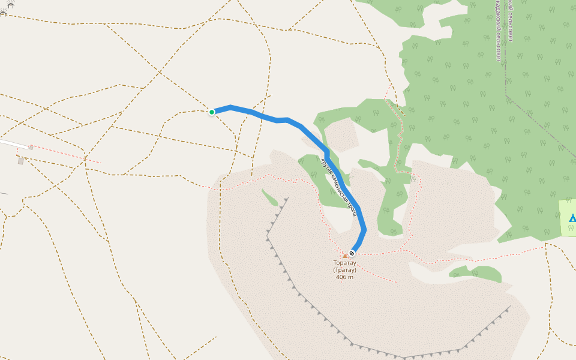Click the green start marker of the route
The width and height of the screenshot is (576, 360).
click(212, 112)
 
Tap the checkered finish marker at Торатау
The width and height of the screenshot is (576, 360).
click(352, 253)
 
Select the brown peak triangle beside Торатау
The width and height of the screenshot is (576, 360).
click(345, 256)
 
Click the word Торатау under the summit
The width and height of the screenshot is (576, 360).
click(345, 263)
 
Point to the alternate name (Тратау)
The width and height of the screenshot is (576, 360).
click(345, 270)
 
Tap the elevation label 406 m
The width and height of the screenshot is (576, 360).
click(345, 277)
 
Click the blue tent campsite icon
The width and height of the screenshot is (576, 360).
click(572, 218)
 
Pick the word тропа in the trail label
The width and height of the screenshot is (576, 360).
click(353, 209)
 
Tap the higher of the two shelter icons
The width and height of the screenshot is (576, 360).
click(10, 5)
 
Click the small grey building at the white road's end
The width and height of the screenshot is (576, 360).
click(31, 147)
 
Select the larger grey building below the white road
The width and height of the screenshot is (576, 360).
click(21, 161)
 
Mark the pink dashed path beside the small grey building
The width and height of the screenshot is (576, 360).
click(66, 154)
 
